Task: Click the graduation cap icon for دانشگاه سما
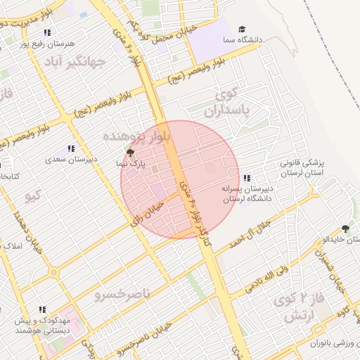pyautogui.click(x=242, y=30)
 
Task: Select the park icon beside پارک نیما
pyautogui.click(x=129, y=151)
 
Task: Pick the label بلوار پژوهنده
pyautogui.click(x=136, y=135)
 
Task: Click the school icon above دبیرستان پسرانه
pyautogui.click(x=247, y=178)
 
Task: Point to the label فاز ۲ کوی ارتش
pyautogui.click(x=303, y=308)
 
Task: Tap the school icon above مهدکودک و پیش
pyautogui.click(x=42, y=309)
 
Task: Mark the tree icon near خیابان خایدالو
pyautogui.click(x=345, y=228)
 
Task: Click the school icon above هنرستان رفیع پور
pyautogui.click(x=47, y=32)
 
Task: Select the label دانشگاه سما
pyautogui.click(x=260, y=41)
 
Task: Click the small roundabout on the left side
pyautogui.click(x=53, y=271)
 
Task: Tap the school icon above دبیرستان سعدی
pyautogui.click(x=71, y=148)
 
